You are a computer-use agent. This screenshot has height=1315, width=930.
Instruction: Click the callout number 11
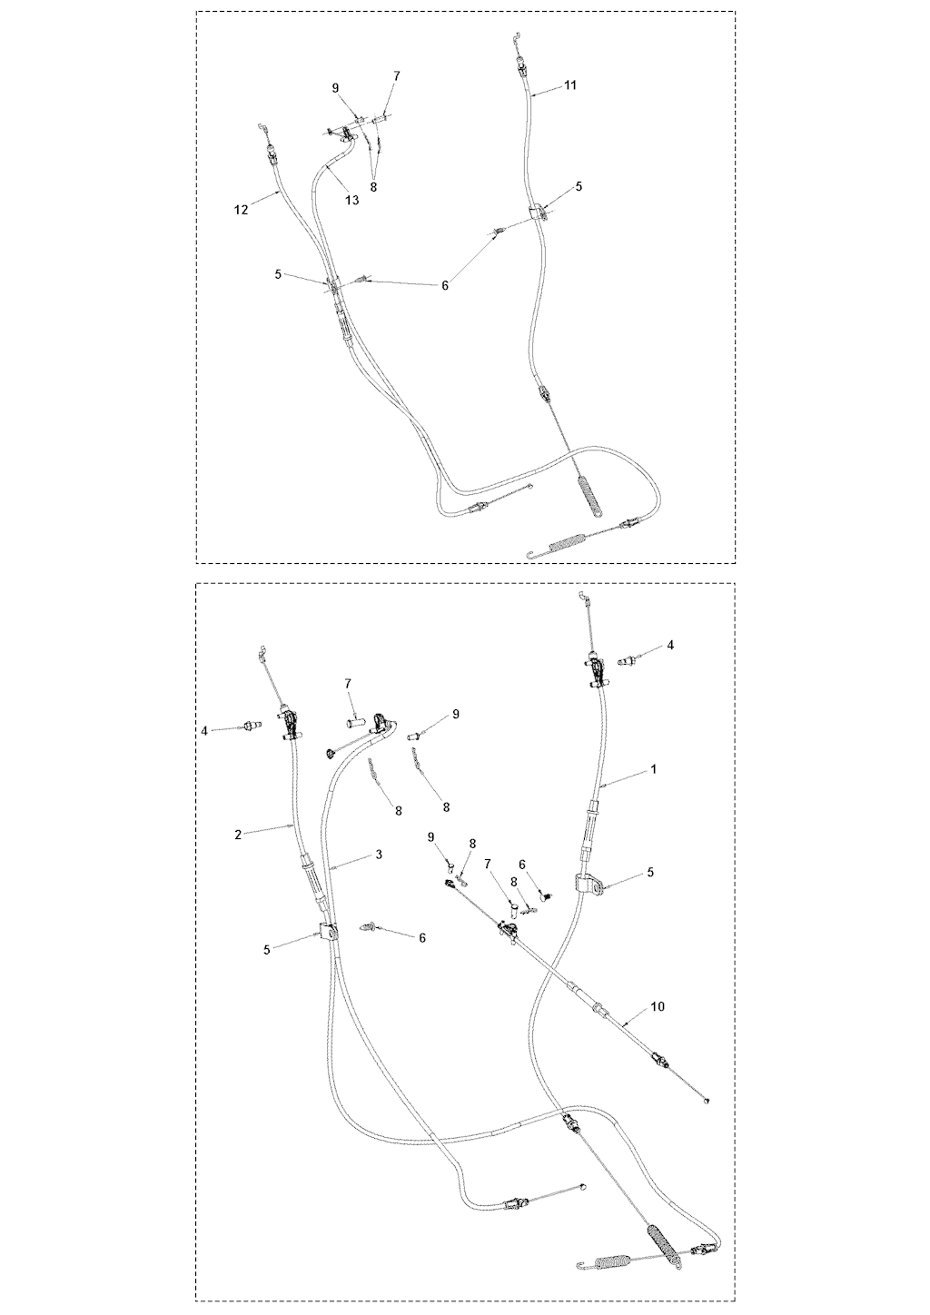[x=570, y=85]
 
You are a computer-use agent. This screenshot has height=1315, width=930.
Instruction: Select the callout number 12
[x=242, y=209]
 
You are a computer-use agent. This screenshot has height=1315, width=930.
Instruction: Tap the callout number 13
[x=351, y=200]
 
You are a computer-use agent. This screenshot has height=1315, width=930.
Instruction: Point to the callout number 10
[x=658, y=1006]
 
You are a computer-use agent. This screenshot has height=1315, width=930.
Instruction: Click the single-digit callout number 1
[x=654, y=768]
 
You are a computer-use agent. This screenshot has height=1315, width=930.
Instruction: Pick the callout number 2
[x=238, y=835]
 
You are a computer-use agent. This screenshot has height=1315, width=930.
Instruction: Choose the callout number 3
[x=379, y=855]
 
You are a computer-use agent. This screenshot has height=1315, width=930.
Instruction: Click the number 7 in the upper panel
[x=397, y=75]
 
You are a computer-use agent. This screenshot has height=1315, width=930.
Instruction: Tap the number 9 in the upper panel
[x=335, y=88]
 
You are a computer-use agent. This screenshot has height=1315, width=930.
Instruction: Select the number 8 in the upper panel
[x=373, y=187]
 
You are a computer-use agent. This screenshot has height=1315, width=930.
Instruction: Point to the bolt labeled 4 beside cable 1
[x=628, y=662]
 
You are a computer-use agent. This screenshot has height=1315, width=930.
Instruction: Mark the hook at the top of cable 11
[x=517, y=37]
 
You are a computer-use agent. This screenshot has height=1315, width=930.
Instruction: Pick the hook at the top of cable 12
[x=262, y=127]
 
